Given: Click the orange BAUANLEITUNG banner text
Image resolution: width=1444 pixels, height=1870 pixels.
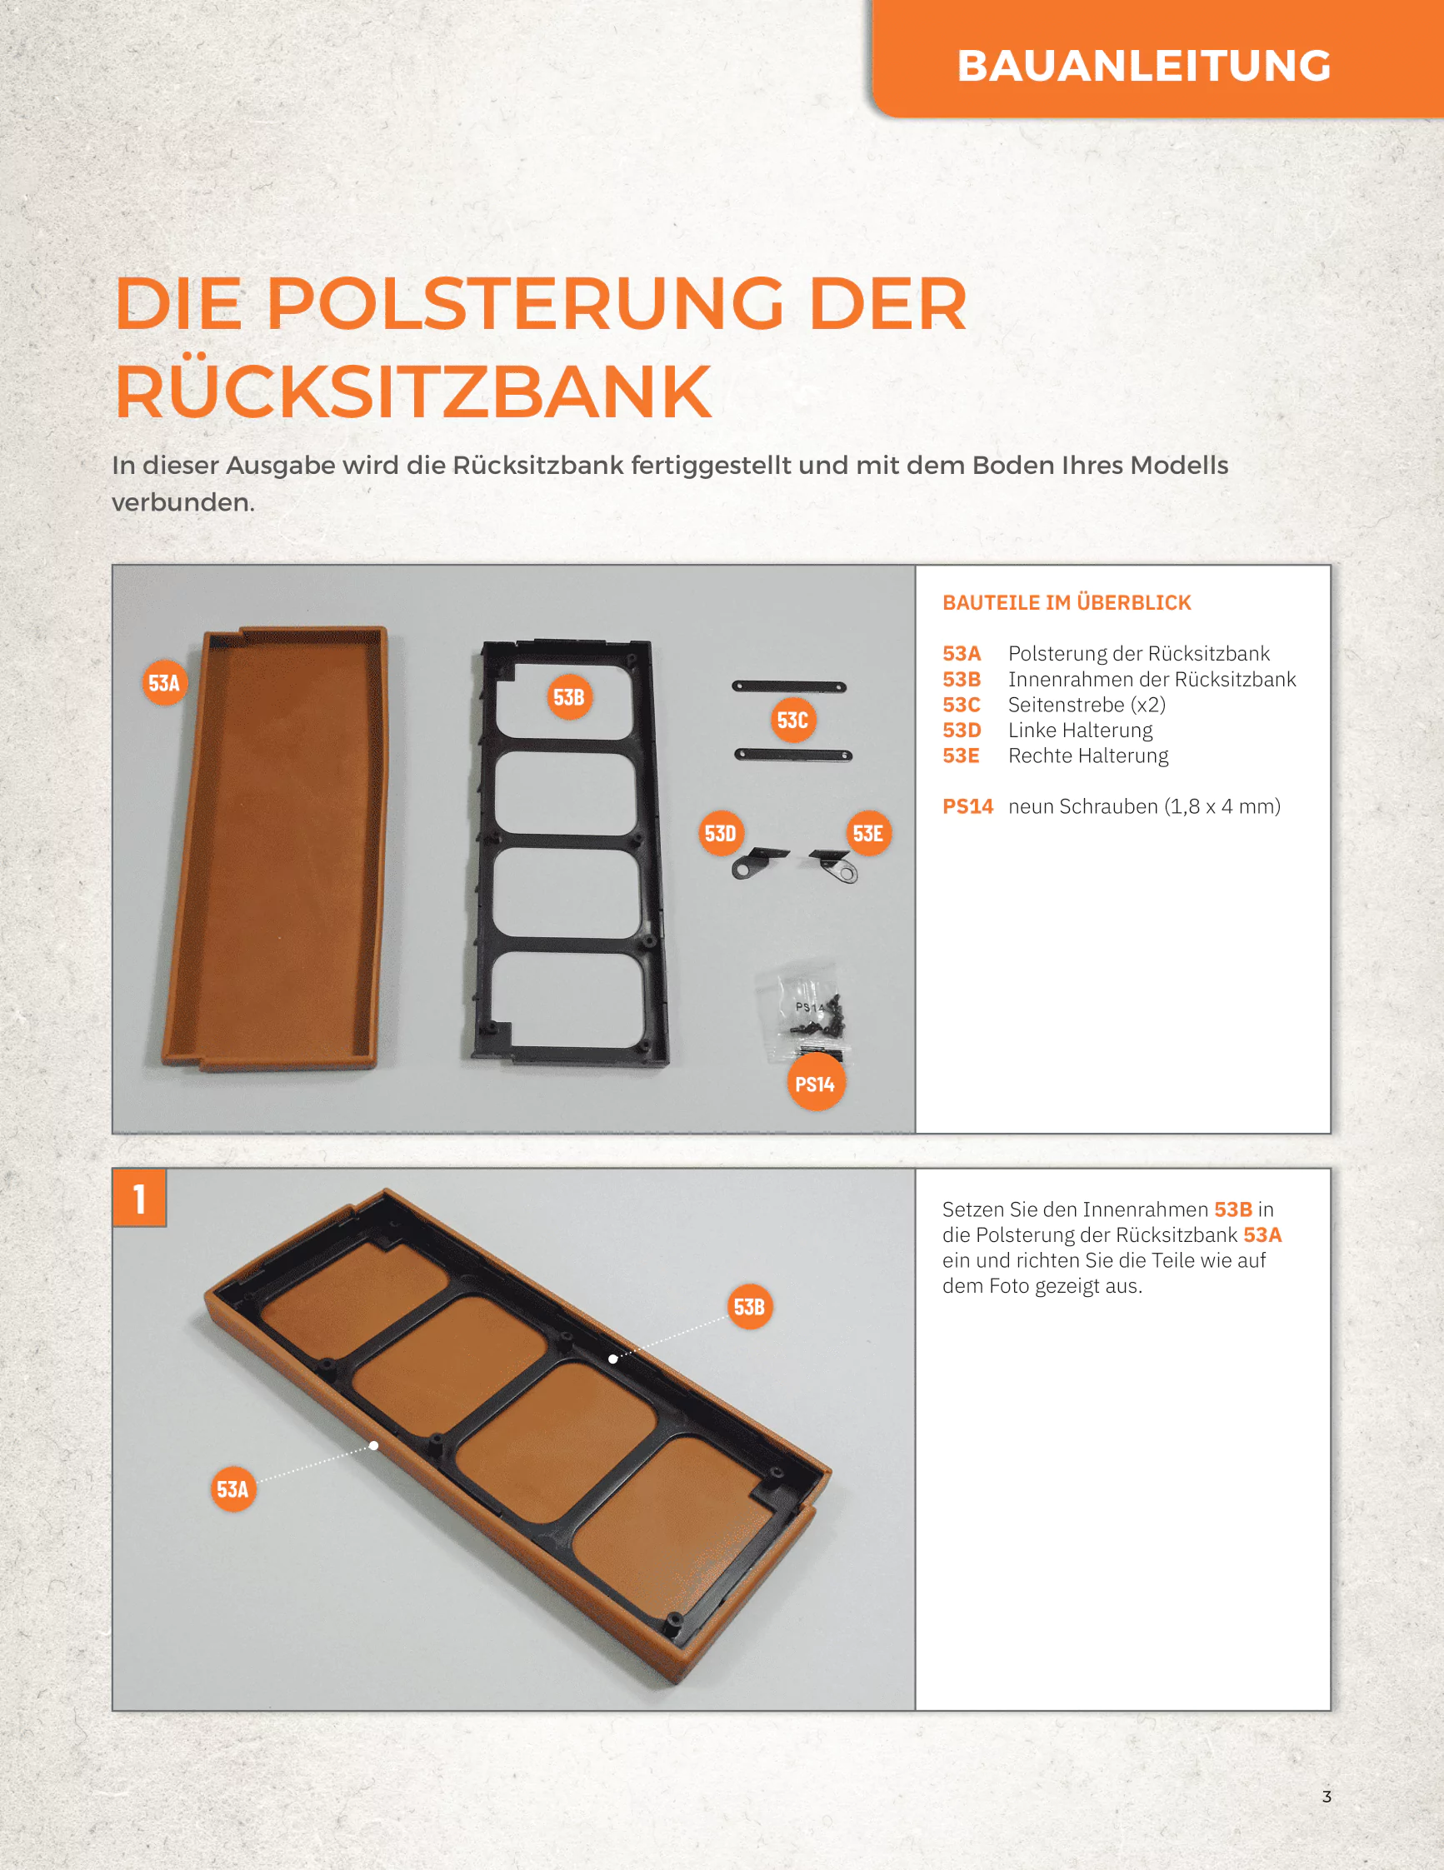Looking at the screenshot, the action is [1143, 66].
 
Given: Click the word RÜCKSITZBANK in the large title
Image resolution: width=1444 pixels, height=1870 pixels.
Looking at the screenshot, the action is [413, 391].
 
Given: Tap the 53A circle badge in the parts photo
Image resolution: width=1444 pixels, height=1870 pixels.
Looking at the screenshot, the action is [164, 682].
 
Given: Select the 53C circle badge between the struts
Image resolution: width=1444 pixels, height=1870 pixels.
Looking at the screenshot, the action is [792, 720].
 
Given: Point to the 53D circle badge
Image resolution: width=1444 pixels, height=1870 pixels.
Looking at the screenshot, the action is [720, 833].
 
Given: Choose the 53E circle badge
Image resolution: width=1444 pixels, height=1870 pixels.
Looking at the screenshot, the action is [867, 833].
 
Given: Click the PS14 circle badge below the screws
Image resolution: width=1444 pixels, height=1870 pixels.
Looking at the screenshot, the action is [816, 1084].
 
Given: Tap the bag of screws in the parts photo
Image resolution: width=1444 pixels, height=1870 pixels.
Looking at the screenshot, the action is [808, 1010].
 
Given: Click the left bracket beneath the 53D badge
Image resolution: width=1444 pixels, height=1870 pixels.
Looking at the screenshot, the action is [757, 862].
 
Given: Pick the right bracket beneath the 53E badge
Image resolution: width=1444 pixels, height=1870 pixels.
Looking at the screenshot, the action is [835, 865].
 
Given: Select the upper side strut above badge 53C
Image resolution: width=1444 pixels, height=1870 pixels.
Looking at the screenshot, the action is [789, 686].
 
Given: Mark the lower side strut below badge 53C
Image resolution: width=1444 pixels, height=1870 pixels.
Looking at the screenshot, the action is [793, 755].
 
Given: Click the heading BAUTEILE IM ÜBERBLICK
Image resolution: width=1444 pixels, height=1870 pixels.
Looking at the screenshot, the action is [1067, 603].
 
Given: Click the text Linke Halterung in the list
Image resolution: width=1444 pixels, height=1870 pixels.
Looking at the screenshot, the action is [1080, 731].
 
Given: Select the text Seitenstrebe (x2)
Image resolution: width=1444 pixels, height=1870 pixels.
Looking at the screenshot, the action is [1087, 705].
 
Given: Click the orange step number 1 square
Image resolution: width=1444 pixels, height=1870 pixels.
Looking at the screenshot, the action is [140, 1198].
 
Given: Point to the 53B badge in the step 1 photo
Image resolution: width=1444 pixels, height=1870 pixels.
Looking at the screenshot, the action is [749, 1307].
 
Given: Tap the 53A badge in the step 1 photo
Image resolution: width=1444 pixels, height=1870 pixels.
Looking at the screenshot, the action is [233, 1489].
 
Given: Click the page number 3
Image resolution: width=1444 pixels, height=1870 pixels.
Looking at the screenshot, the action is [1327, 1797].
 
